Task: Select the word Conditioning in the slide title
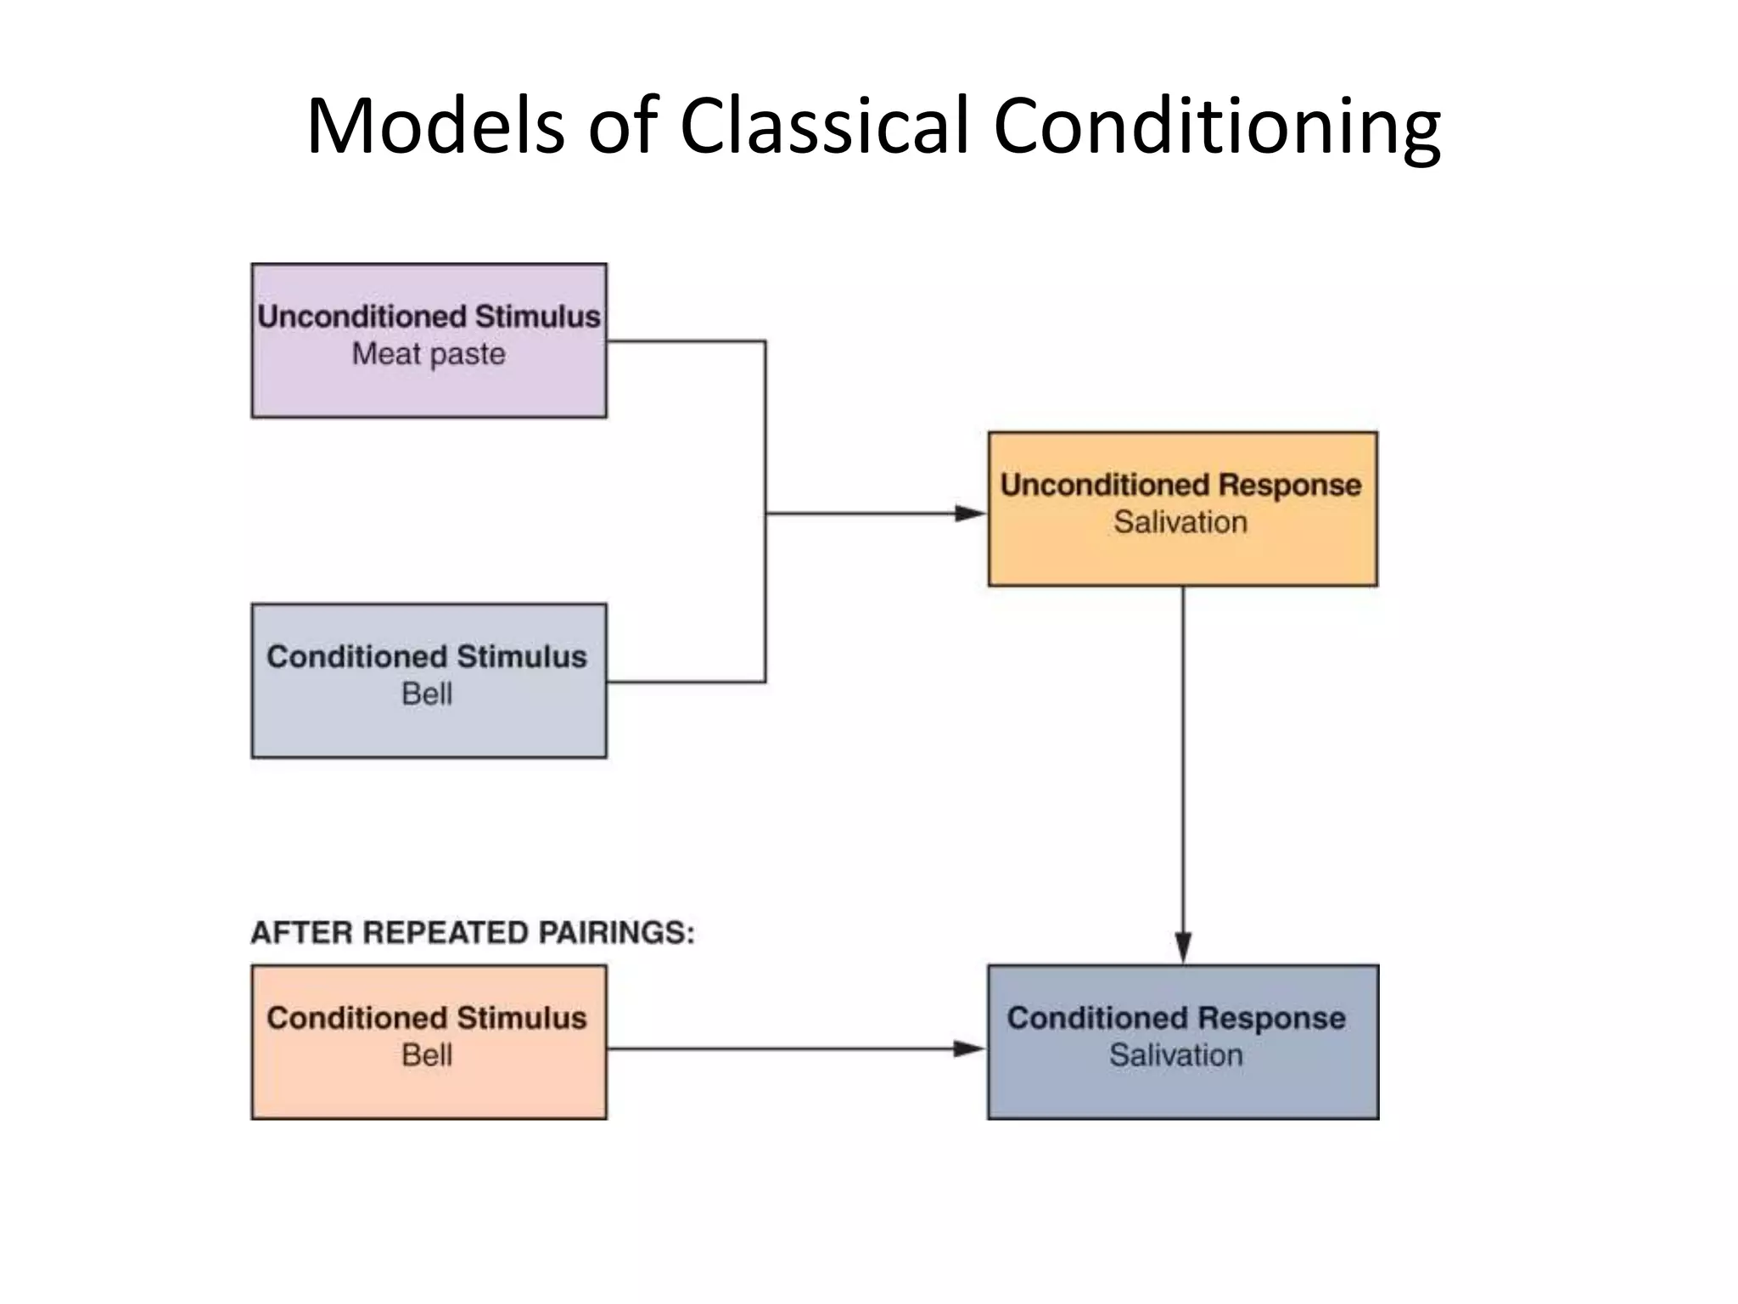tap(1215, 127)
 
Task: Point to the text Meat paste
tap(429, 354)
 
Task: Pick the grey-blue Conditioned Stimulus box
tap(429, 726)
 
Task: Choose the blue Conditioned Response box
tap(1182, 1091)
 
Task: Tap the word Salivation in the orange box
tap(1180, 522)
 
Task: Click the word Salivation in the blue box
tap(1175, 1055)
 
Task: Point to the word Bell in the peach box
tap(427, 1055)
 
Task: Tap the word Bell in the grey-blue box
tap(427, 694)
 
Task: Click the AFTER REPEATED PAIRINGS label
tap(472, 933)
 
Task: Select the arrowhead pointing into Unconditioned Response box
tap(969, 513)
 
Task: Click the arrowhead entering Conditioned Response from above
tap(1183, 947)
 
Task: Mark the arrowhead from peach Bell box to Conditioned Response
tap(967, 1049)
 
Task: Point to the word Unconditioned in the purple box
tap(362, 317)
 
